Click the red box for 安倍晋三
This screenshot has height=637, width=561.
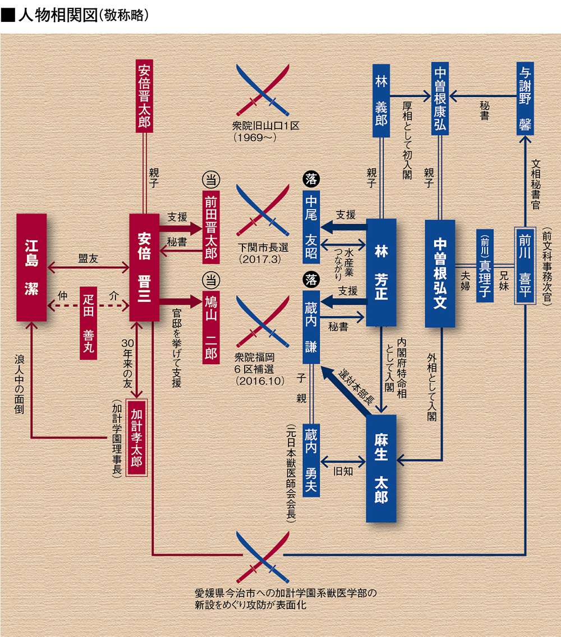coord(144,267)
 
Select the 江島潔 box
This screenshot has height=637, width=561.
coord(31,267)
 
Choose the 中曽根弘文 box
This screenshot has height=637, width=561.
coord(440,273)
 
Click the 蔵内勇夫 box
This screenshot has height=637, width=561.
coord(311,459)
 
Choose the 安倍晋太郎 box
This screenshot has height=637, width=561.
coord(144,96)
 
